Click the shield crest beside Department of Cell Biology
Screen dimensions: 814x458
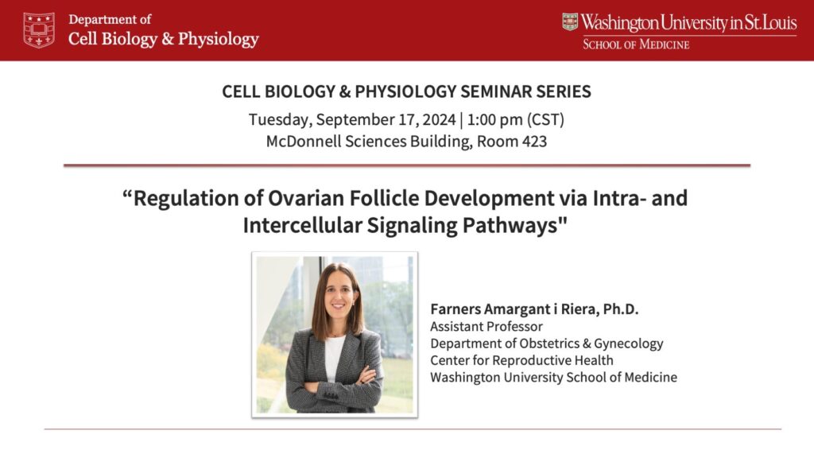tap(39, 30)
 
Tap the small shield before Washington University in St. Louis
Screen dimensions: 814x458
tap(569, 21)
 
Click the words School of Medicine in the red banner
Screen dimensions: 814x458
tap(636, 45)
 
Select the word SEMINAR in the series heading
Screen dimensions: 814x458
tap(496, 91)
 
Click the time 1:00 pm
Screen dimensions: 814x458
tap(494, 119)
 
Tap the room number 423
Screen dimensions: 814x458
tap(535, 142)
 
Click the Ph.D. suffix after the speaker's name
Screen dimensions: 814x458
tap(621, 309)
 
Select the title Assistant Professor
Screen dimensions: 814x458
tap(486, 326)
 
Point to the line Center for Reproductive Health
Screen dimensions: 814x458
tap(521, 360)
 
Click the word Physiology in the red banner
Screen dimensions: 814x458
tap(219, 40)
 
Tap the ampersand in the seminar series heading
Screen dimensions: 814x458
tap(345, 91)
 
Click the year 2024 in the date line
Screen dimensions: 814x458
tap(439, 119)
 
